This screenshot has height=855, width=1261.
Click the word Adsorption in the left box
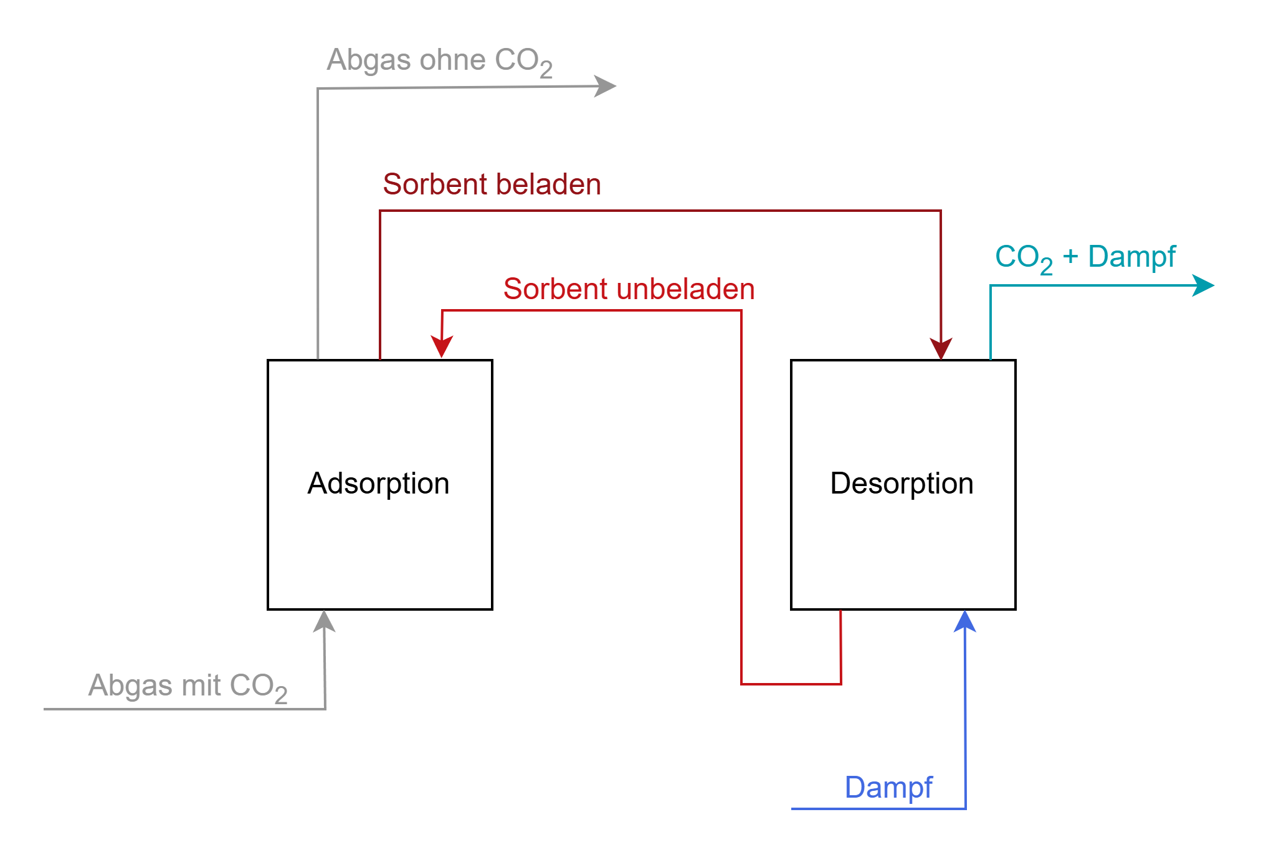[378, 484]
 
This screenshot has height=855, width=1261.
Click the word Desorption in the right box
[902, 484]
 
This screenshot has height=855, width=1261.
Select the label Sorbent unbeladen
[629, 289]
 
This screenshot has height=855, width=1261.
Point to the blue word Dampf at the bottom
[888, 788]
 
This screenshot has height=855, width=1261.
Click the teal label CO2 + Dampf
[1085, 257]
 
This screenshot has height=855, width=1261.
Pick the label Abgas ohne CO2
[439, 61]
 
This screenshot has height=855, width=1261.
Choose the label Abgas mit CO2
[188, 686]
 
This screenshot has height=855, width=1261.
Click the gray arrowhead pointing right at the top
[604, 86]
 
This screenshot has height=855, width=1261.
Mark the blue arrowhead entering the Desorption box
[964, 622]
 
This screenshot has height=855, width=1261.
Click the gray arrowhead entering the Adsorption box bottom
[324, 622]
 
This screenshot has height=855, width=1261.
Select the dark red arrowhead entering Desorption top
[941, 348]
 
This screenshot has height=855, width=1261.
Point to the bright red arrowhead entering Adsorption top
[442, 346]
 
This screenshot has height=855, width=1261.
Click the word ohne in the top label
[452, 60]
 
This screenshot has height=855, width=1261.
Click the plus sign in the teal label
[1070, 256]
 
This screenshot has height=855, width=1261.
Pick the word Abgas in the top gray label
[369, 61]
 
